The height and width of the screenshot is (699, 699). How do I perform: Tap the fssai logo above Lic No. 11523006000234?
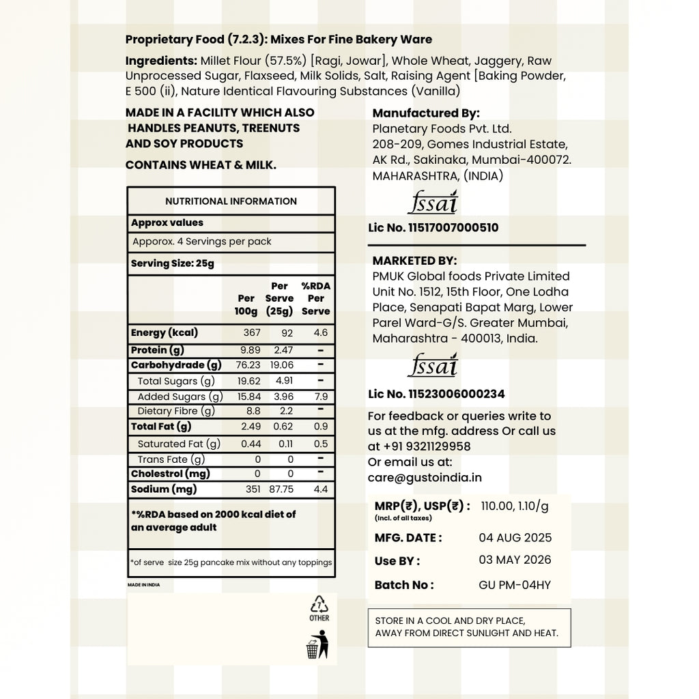coord(433,366)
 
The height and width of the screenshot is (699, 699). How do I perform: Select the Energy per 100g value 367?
coord(252,333)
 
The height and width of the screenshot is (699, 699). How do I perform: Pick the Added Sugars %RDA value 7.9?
coord(320,397)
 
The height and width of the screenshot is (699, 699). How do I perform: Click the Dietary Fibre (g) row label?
coord(176,411)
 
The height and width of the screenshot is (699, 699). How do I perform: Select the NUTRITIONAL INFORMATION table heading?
coord(231,201)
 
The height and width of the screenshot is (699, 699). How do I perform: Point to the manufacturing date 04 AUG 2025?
coord(515,538)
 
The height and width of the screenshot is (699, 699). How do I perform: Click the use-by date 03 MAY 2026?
coord(515,560)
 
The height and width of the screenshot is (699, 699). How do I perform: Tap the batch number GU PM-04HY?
coord(515,585)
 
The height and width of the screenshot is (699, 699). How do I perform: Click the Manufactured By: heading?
coord(426,113)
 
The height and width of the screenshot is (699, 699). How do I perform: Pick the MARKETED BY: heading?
coord(414,261)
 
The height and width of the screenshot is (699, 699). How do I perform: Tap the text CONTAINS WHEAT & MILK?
coord(201,165)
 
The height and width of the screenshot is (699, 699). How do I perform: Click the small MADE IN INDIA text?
coord(143,585)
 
